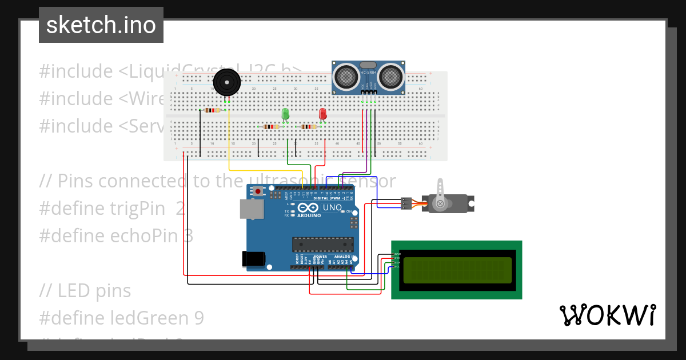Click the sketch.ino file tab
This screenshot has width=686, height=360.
(101, 25)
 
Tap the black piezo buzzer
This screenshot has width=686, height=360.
(226, 82)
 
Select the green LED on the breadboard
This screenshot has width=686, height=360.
(285, 114)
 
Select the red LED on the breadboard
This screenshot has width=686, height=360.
(322, 114)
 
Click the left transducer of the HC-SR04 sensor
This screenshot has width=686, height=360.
(346, 75)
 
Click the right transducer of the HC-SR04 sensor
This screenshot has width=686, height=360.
(390, 75)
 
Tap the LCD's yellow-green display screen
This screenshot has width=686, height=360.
(457, 270)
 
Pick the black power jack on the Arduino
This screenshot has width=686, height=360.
(253, 259)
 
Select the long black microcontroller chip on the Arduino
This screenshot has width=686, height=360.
(322, 244)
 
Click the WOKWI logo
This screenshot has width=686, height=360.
(607, 315)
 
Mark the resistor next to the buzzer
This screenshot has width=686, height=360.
(212, 110)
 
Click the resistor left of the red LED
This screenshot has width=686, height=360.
(308, 127)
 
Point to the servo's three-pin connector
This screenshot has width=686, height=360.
(406, 203)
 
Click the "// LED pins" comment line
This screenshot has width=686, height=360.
(85, 290)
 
